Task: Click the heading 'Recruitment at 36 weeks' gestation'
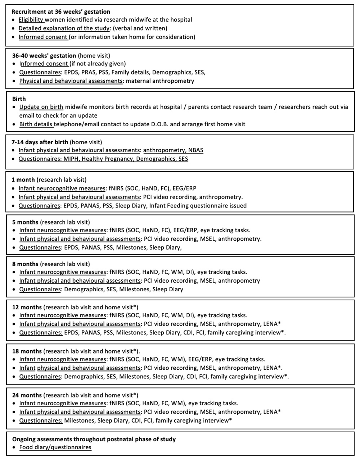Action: pyautogui.click(x=61, y=12)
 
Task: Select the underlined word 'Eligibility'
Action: pyautogui.click(x=31, y=20)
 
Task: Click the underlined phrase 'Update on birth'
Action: pyautogui.click(x=41, y=107)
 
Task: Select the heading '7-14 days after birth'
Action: pyautogui.click(x=40, y=142)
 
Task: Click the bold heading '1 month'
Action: pyautogui.click(x=23, y=180)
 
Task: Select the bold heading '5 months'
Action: pyautogui.click(x=25, y=222)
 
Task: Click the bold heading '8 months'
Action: pyautogui.click(x=25, y=264)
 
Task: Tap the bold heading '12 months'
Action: pyautogui.click(x=27, y=307)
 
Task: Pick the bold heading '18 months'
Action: pyautogui.click(x=27, y=351)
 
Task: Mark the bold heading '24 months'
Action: pyautogui.click(x=27, y=395)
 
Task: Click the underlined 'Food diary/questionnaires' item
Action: pyautogui.click(x=55, y=447)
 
